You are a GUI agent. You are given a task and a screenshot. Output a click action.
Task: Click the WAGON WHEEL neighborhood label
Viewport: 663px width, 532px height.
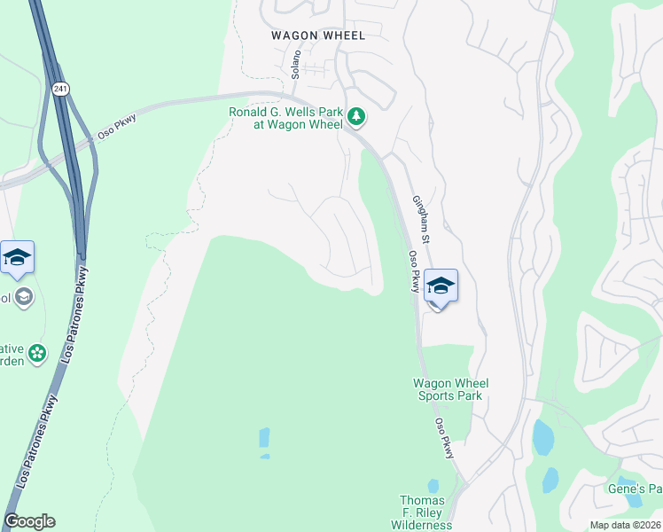point(317,35)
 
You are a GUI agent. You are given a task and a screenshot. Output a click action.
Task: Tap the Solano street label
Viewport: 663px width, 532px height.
point(297,65)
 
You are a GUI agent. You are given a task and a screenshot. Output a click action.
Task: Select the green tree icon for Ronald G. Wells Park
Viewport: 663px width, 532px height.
point(355,116)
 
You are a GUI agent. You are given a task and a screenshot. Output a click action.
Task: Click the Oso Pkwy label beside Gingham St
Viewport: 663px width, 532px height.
point(413,271)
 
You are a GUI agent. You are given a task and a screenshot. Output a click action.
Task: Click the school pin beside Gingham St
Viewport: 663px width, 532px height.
point(441,286)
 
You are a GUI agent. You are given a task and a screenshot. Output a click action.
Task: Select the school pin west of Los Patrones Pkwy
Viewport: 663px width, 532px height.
point(17,258)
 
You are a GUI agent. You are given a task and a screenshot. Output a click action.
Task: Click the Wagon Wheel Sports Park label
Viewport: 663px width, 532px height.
point(451,389)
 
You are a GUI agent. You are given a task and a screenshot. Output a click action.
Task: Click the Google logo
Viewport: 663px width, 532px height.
point(29,521)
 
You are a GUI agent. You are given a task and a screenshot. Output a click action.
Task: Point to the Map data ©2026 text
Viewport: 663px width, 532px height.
point(625,525)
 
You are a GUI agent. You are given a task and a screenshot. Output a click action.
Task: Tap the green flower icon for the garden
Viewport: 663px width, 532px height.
point(36,354)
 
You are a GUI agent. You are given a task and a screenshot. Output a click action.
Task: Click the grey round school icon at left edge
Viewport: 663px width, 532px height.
point(24,296)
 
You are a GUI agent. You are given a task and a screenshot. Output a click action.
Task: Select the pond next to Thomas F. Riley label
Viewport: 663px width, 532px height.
point(433,486)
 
